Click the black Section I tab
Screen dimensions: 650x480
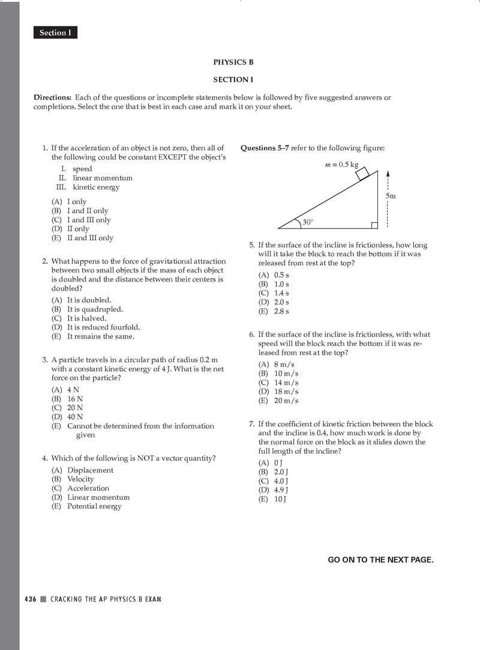point(55,33)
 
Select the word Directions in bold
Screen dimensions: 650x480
point(52,97)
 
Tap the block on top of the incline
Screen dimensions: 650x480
point(362,173)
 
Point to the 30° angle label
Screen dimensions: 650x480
point(308,222)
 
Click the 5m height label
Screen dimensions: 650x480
point(391,196)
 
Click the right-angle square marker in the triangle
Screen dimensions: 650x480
point(374,225)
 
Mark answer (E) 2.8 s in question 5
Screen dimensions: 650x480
point(274,311)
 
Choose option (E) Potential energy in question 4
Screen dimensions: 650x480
point(87,506)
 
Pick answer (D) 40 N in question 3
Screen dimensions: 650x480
point(68,417)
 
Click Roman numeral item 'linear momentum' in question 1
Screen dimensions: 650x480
point(102,178)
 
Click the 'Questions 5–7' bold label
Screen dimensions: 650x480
point(265,148)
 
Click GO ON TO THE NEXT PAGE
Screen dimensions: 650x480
point(380,559)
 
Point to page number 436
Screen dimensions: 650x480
point(31,599)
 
